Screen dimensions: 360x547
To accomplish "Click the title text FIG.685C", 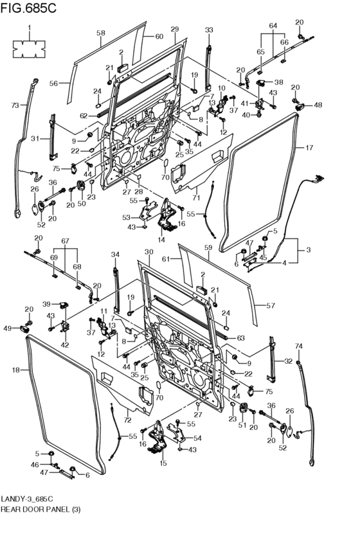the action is click(x=28, y=8).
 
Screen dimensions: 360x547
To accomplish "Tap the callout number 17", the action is click(x=309, y=148).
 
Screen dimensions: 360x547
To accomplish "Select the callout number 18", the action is click(x=16, y=370).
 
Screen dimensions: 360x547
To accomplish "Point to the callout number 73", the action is click(x=15, y=105).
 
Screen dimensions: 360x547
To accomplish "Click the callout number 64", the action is click(x=273, y=26).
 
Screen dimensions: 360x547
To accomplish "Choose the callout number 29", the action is click(x=175, y=30).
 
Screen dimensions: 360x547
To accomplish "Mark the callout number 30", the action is click(x=149, y=251).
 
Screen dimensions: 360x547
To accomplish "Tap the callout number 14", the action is click(x=161, y=240).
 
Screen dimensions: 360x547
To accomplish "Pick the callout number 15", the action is click(x=163, y=463).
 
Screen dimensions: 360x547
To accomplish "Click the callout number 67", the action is click(x=65, y=241).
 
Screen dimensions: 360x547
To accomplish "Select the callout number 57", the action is click(x=271, y=305).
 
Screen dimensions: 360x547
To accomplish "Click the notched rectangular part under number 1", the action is click(x=30, y=49).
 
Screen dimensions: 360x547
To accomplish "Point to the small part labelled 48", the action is click(x=300, y=107).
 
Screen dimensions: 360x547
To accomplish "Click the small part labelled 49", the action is click(x=25, y=328).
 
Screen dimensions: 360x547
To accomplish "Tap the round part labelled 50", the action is click(x=81, y=186).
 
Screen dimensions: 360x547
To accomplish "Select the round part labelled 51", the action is click(x=243, y=408).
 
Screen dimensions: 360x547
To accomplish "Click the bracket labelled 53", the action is click(x=147, y=213).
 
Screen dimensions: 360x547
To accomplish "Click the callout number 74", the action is click(x=299, y=346).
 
